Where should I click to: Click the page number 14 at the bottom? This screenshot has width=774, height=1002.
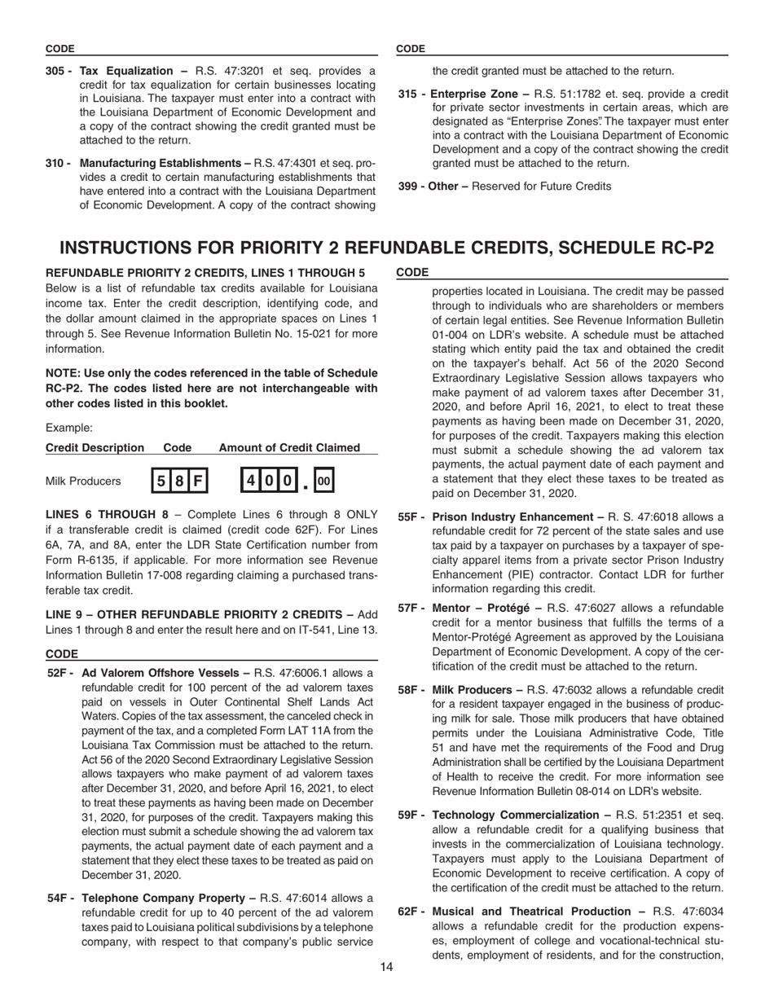(x=386, y=966)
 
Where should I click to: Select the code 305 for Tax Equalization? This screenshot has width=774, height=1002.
(x=55, y=71)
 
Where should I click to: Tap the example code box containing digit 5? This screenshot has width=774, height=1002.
(x=161, y=481)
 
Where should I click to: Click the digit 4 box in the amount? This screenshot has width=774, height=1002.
(x=251, y=481)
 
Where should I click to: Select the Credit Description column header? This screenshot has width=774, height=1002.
(x=95, y=447)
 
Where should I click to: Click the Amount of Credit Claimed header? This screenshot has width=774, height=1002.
(x=289, y=447)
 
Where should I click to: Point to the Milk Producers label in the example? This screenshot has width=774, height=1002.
(x=83, y=481)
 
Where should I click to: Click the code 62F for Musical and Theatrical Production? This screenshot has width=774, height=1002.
(x=410, y=911)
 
